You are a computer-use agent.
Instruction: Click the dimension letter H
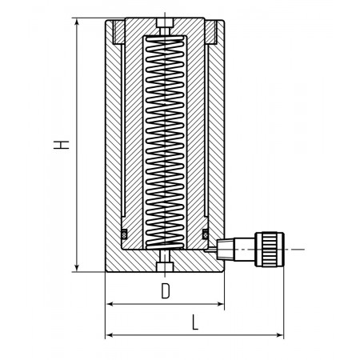coord(62,145)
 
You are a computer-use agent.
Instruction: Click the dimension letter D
coord(166,290)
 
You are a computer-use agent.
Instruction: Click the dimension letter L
coord(195,322)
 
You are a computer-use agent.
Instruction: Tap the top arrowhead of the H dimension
coord(77,22)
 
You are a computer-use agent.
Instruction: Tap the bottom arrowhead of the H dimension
coord(77,268)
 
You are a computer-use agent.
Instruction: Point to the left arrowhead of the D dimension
coord(110,304)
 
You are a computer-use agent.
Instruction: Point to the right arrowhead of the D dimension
coord(220,304)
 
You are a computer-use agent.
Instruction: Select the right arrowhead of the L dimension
coord(279,335)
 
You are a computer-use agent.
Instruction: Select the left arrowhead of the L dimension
coord(110,335)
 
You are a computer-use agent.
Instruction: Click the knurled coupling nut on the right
coord(270,250)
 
